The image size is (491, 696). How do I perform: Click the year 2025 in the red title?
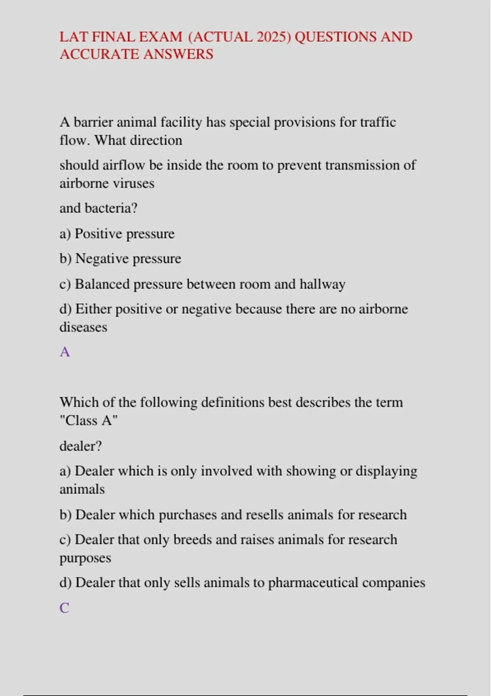[x=272, y=37]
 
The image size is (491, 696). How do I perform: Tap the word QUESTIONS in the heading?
[x=336, y=37]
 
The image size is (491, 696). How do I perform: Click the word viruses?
[x=133, y=183]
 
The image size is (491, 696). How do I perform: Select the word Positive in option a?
[x=98, y=234]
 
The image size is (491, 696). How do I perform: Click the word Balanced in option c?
[x=102, y=284]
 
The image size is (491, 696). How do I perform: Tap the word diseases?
[x=83, y=327]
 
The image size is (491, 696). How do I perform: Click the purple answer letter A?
[x=65, y=352]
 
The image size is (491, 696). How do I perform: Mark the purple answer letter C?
[x=64, y=608]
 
